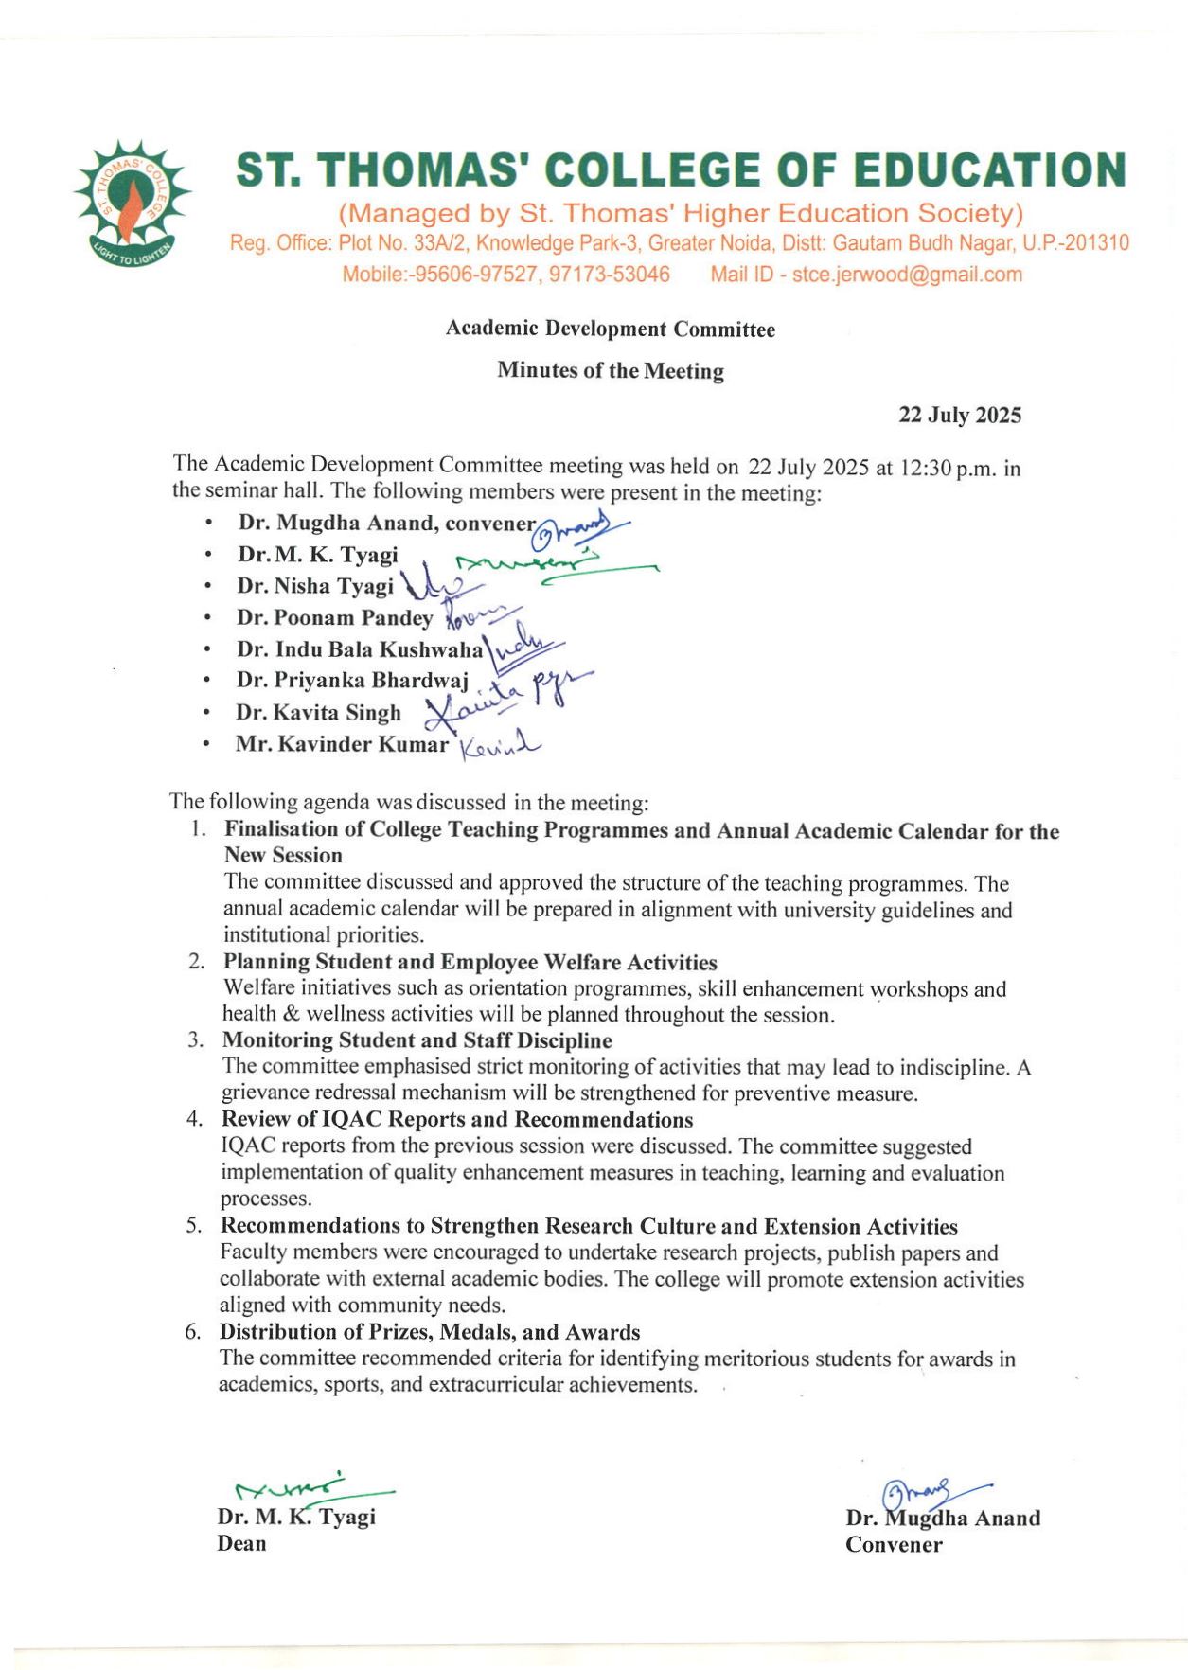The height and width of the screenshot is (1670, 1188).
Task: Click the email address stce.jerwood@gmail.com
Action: coord(907,275)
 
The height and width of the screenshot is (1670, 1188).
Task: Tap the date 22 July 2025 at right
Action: coord(959,415)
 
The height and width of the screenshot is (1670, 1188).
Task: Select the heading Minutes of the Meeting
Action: coord(611,370)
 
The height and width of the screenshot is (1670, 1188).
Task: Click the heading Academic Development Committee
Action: coord(611,329)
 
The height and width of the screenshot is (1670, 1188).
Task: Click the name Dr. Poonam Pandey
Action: coord(334,618)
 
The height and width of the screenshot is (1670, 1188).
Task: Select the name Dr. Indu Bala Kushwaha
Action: coord(360,649)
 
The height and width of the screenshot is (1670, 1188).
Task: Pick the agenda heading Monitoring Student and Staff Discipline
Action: coord(417,1040)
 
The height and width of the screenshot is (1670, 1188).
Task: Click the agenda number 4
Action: coord(194,1119)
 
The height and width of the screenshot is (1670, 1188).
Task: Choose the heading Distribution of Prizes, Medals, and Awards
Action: coord(430,1332)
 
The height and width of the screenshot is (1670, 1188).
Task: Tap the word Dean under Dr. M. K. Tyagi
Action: coord(241,1543)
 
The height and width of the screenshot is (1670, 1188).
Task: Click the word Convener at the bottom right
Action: coord(894,1545)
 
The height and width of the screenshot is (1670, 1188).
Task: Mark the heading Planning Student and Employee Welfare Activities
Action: coord(470,962)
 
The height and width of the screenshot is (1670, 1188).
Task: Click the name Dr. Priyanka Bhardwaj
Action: coord(352,681)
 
